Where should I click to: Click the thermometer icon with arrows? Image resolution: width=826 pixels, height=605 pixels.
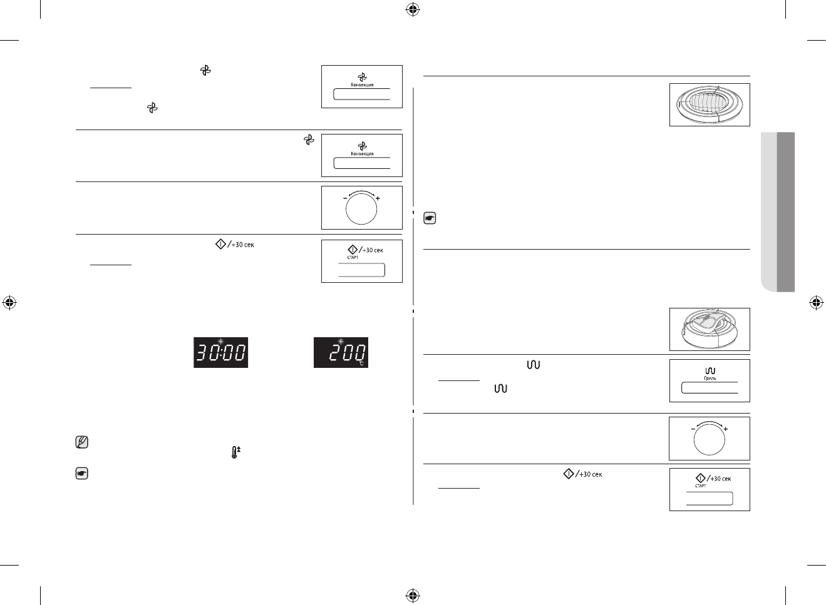235,452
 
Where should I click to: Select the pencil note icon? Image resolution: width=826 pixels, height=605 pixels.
81,443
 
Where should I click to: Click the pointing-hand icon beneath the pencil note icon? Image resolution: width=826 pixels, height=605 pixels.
81,474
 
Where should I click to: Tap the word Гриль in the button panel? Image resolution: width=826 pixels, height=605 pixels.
710,379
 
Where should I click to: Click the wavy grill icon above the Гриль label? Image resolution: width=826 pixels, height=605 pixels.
710,371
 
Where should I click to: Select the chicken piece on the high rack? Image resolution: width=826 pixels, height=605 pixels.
707,323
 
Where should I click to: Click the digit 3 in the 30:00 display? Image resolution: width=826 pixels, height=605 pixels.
204,354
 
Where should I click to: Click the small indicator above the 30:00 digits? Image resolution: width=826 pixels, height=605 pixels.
221,342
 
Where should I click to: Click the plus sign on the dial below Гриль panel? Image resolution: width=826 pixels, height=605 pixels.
725,429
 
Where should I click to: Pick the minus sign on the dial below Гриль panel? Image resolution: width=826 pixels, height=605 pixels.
693,429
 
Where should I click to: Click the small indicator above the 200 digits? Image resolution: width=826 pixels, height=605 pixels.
341,342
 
